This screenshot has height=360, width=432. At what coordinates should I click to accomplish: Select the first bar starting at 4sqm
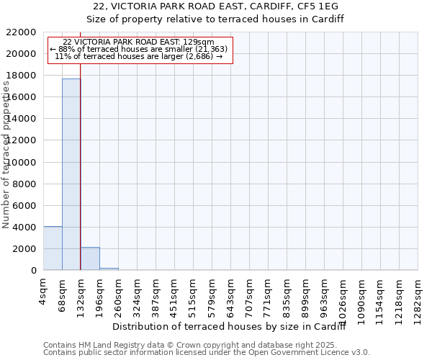pos(53,248)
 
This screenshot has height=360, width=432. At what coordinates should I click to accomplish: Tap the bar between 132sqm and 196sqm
pos(90,258)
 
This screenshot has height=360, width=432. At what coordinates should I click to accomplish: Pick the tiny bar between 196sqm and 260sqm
pos(109,269)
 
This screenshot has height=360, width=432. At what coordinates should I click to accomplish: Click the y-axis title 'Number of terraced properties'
pos(7,155)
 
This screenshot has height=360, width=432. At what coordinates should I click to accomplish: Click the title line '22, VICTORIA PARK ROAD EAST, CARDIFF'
pos(215,6)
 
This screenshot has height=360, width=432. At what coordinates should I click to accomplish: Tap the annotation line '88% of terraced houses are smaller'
pos(140,49)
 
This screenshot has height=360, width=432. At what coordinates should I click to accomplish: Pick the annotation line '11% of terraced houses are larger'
pos(140,56)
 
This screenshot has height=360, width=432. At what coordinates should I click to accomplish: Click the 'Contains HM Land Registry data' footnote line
pos(206,345)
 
